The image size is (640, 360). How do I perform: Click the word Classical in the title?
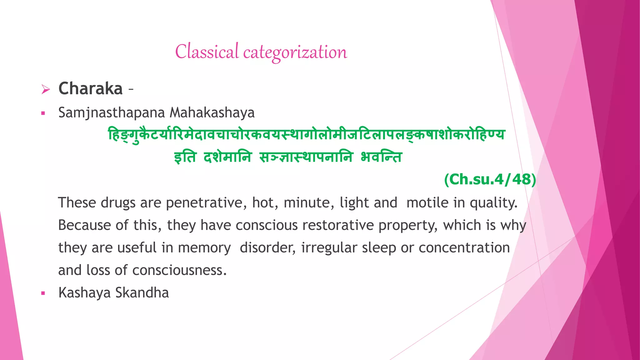(207, 52)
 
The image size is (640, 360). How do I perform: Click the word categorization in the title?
(295, 52)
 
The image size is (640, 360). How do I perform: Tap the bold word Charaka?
(90, 88)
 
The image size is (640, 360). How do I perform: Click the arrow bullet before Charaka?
(46, 90)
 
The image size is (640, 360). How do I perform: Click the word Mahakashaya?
(212, 113)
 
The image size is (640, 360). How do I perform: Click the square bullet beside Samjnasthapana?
(43, 113)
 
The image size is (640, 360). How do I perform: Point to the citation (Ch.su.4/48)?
(490, 180)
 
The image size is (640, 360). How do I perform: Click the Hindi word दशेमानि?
(227, 157)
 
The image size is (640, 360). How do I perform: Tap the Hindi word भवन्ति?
(381, 157)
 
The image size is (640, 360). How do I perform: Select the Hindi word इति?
(185, 157)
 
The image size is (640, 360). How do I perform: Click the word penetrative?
(204, 203)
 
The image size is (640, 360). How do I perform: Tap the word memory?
(204, 248)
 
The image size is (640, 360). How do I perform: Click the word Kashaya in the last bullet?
(84, 293)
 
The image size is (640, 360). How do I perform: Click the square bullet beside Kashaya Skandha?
(43, 293)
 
